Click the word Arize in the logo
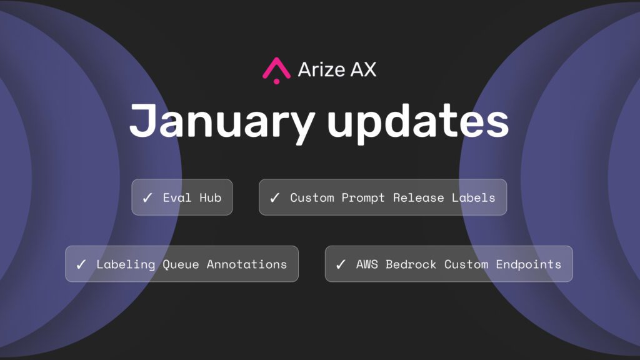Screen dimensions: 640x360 [x=322, y=69]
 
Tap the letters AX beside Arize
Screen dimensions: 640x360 [x=363, y=69]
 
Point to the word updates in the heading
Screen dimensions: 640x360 [x=417, y=122]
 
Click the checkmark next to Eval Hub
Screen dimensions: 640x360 [x=147, y=197]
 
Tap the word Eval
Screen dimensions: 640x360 [x=177, y=197]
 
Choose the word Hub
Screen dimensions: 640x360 [x=211, y=197]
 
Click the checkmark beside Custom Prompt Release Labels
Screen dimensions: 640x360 [x=275, y=197]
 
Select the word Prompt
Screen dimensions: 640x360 [x=363, y=198]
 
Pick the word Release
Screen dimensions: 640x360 [x=418, y=197]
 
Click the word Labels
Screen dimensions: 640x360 [x=474, y=197]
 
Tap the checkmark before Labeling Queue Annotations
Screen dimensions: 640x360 [x=81, y=264]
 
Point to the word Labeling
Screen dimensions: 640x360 [x=126, y=265]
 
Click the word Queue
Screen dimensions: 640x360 [x=181, y=264]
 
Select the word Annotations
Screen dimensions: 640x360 [x=247, y=264]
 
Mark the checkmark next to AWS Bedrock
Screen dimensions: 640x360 [x=341, y=264]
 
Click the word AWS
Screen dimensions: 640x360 [x=367, y=264]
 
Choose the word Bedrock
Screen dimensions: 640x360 [x=411, y=264]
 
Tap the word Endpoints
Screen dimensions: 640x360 [x=529, y=265]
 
